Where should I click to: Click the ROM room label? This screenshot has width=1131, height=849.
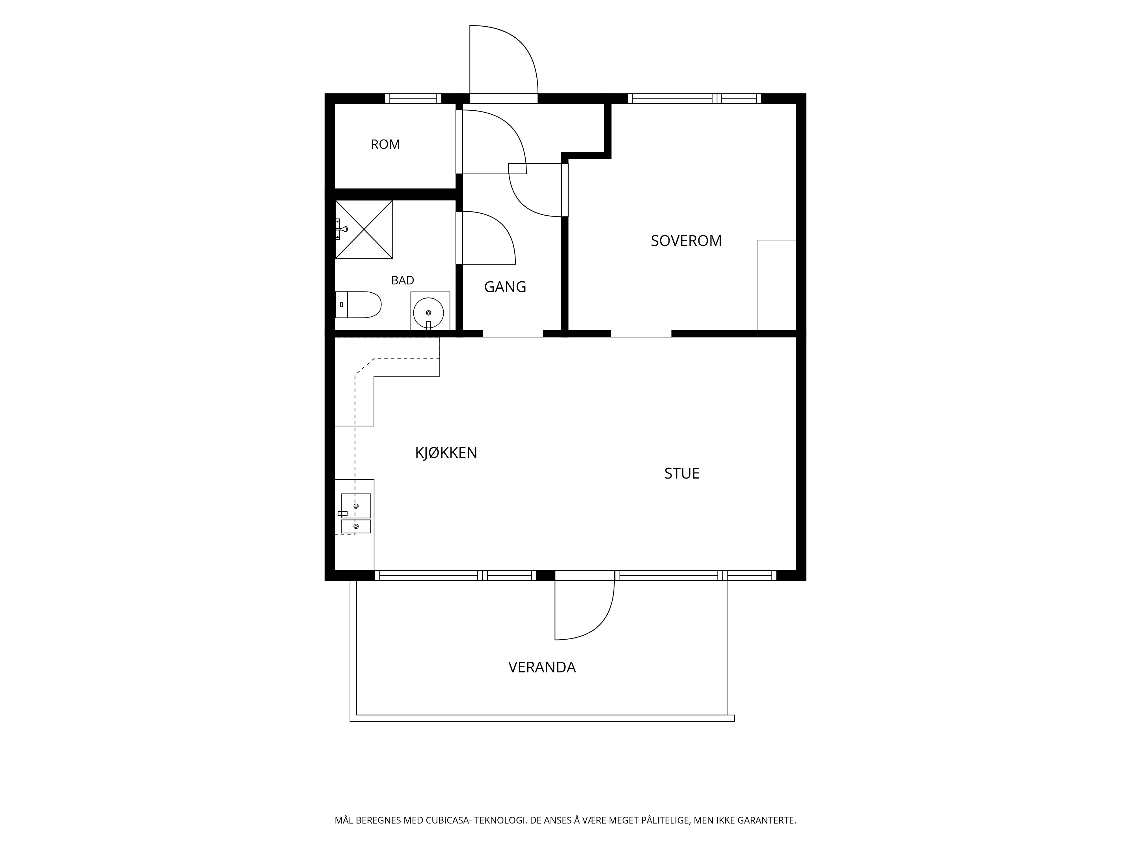click(385, 144)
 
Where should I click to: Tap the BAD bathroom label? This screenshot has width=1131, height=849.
click(402, 280)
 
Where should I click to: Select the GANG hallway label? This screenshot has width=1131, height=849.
click(505, 287)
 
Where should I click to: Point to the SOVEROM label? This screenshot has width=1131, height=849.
click(686, 241)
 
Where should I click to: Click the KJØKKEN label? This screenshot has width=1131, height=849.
click(446, 453)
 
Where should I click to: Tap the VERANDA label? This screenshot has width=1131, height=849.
click(542, 667)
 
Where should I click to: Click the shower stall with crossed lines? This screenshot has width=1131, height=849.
click(364, 230)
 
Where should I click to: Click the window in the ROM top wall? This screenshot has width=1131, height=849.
click(413, 98)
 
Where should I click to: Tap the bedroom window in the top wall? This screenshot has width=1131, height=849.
click(694, 98)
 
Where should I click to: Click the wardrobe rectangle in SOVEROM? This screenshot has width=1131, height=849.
click(776, 285)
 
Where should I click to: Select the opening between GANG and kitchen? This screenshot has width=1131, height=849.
click(513, 334)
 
